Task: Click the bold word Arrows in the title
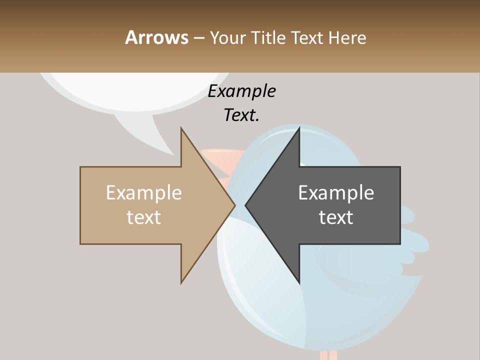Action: pos(157,37)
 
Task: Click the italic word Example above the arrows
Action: pos(241,91)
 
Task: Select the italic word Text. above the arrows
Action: pos(241,115)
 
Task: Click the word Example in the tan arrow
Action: pos(144,192)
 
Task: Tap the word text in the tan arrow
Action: pos(144,217)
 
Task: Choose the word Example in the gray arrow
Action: pos(336,192)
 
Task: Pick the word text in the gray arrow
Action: pos(336,217)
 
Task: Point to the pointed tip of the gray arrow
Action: pos(246,204)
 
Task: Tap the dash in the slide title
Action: pos(198,38)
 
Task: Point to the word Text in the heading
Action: pos(306,37)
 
